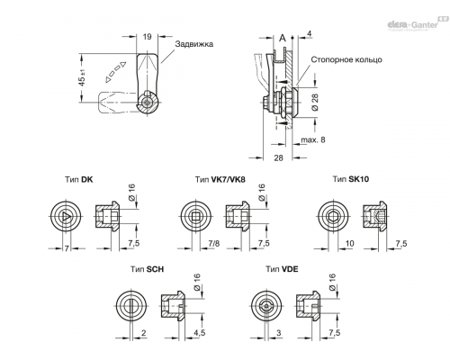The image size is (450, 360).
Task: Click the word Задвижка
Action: pyautogui.click(x=194, y=44)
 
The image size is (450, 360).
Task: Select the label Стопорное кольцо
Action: pyautogui.click(x=346, y=59)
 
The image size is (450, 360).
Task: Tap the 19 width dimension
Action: pyautogui.click(x=147, y=37)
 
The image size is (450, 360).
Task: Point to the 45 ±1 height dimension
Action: pyautogui.click(x=82, y=77)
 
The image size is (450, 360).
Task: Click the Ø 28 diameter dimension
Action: pyautogui.click(x=315, y=102)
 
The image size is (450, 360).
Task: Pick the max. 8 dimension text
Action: pyautogui.click(x=313, y=139)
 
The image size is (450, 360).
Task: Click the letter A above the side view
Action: pyautogui.click(x=283, y=38)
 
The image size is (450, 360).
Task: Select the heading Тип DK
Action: pyautogui.click(x=79, y=180)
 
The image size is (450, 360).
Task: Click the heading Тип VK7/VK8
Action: pyautogui.click(x=220, y=180)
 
